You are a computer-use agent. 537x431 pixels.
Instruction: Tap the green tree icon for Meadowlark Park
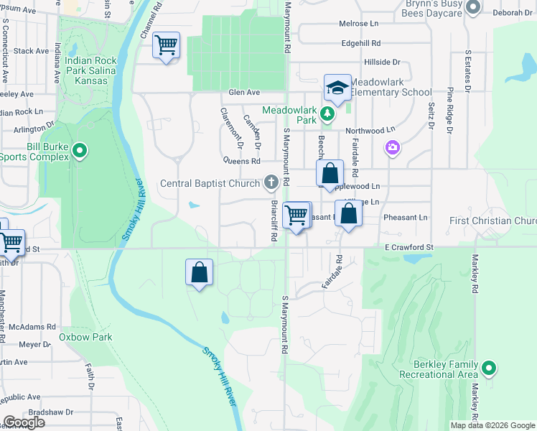(327, 113)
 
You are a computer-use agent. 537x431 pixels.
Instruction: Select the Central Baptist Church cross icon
(271, 182)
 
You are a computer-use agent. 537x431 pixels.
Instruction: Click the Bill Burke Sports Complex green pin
(80, 151)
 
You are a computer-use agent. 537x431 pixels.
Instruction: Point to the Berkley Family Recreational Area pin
(489, 369)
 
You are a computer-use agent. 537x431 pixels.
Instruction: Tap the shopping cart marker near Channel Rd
(167, 46)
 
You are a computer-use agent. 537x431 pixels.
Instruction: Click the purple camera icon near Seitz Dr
(392, 148)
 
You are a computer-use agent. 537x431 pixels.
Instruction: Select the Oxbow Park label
(85, 337)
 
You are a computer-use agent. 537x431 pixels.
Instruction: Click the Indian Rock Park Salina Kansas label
(96, 70)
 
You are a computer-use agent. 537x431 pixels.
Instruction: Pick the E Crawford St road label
(408, 247)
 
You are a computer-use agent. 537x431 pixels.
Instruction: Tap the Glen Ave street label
(243, 92)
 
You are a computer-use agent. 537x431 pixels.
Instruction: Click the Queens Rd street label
(241, 161)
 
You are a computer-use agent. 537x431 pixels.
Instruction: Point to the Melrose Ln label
(354, 24)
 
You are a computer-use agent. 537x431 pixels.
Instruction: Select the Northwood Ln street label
(370, 130)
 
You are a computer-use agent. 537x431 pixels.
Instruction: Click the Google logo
(24, 422)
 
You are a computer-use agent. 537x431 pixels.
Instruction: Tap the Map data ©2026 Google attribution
(492, 425)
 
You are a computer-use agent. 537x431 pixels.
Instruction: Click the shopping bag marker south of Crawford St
(200, 273)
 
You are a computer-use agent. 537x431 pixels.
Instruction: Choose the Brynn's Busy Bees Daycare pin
(472, 8)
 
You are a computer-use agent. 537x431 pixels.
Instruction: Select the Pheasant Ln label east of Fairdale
(406, 217)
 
